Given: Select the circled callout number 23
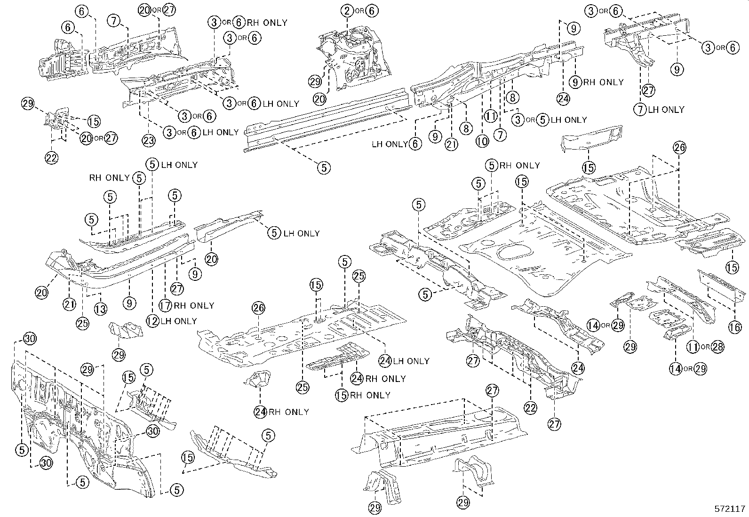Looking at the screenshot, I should [x=149, y=140].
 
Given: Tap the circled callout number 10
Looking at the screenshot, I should [x=482, y=141].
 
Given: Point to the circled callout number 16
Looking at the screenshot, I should [x=735, y=327].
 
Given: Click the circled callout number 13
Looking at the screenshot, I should [x=100, y=309].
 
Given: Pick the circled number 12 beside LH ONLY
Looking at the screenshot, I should [x=152, y=321].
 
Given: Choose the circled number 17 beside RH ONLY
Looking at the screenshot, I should [x=165, y=305].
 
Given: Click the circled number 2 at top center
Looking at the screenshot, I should [x=347, y=10].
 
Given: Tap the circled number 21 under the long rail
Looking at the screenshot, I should [x=451, y=145].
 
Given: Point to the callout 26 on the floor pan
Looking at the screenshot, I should [x=258, y=309].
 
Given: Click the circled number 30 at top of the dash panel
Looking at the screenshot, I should [x=30, y=339].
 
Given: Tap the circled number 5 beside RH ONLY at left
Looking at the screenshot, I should [x=138, y=177].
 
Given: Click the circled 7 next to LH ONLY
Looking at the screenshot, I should [x=639, y=110].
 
